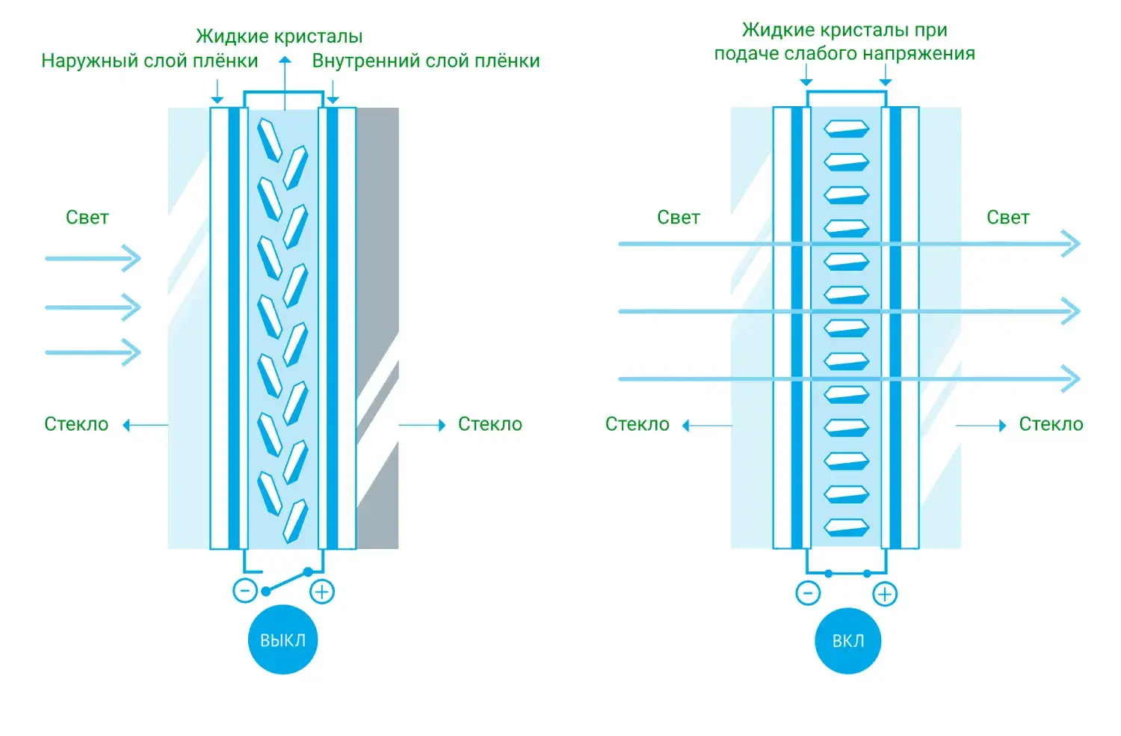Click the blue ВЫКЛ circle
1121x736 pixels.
(x=282, y=640)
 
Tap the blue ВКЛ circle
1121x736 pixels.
(x=847, y=641)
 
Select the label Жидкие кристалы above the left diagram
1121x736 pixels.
(x=280, y=36)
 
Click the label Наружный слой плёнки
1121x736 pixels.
(x=149, y=61)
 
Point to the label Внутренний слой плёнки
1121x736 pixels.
(x=426, y=61)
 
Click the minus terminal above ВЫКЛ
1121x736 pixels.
(x=245, y=591)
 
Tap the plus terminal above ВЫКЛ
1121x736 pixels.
(x=322, y=592)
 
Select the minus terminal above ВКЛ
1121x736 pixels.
(x=808, y=593)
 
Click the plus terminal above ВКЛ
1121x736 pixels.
(x=885, y=594)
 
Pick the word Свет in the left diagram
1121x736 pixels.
(x=87, y=218)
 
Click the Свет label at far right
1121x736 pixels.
(x=1008, y=218)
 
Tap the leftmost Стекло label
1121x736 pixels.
(x=76, y=424)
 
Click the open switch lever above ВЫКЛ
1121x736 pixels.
(x=287, y=582)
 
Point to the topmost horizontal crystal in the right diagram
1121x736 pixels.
(x=847, y=129)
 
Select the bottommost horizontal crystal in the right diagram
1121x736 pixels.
(x=847, y=527)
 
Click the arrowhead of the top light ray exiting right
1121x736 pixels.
(x=1072, y=244)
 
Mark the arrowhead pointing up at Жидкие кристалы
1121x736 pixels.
(x=285, y=60)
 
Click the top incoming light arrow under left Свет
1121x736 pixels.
(x=93, y=259)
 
